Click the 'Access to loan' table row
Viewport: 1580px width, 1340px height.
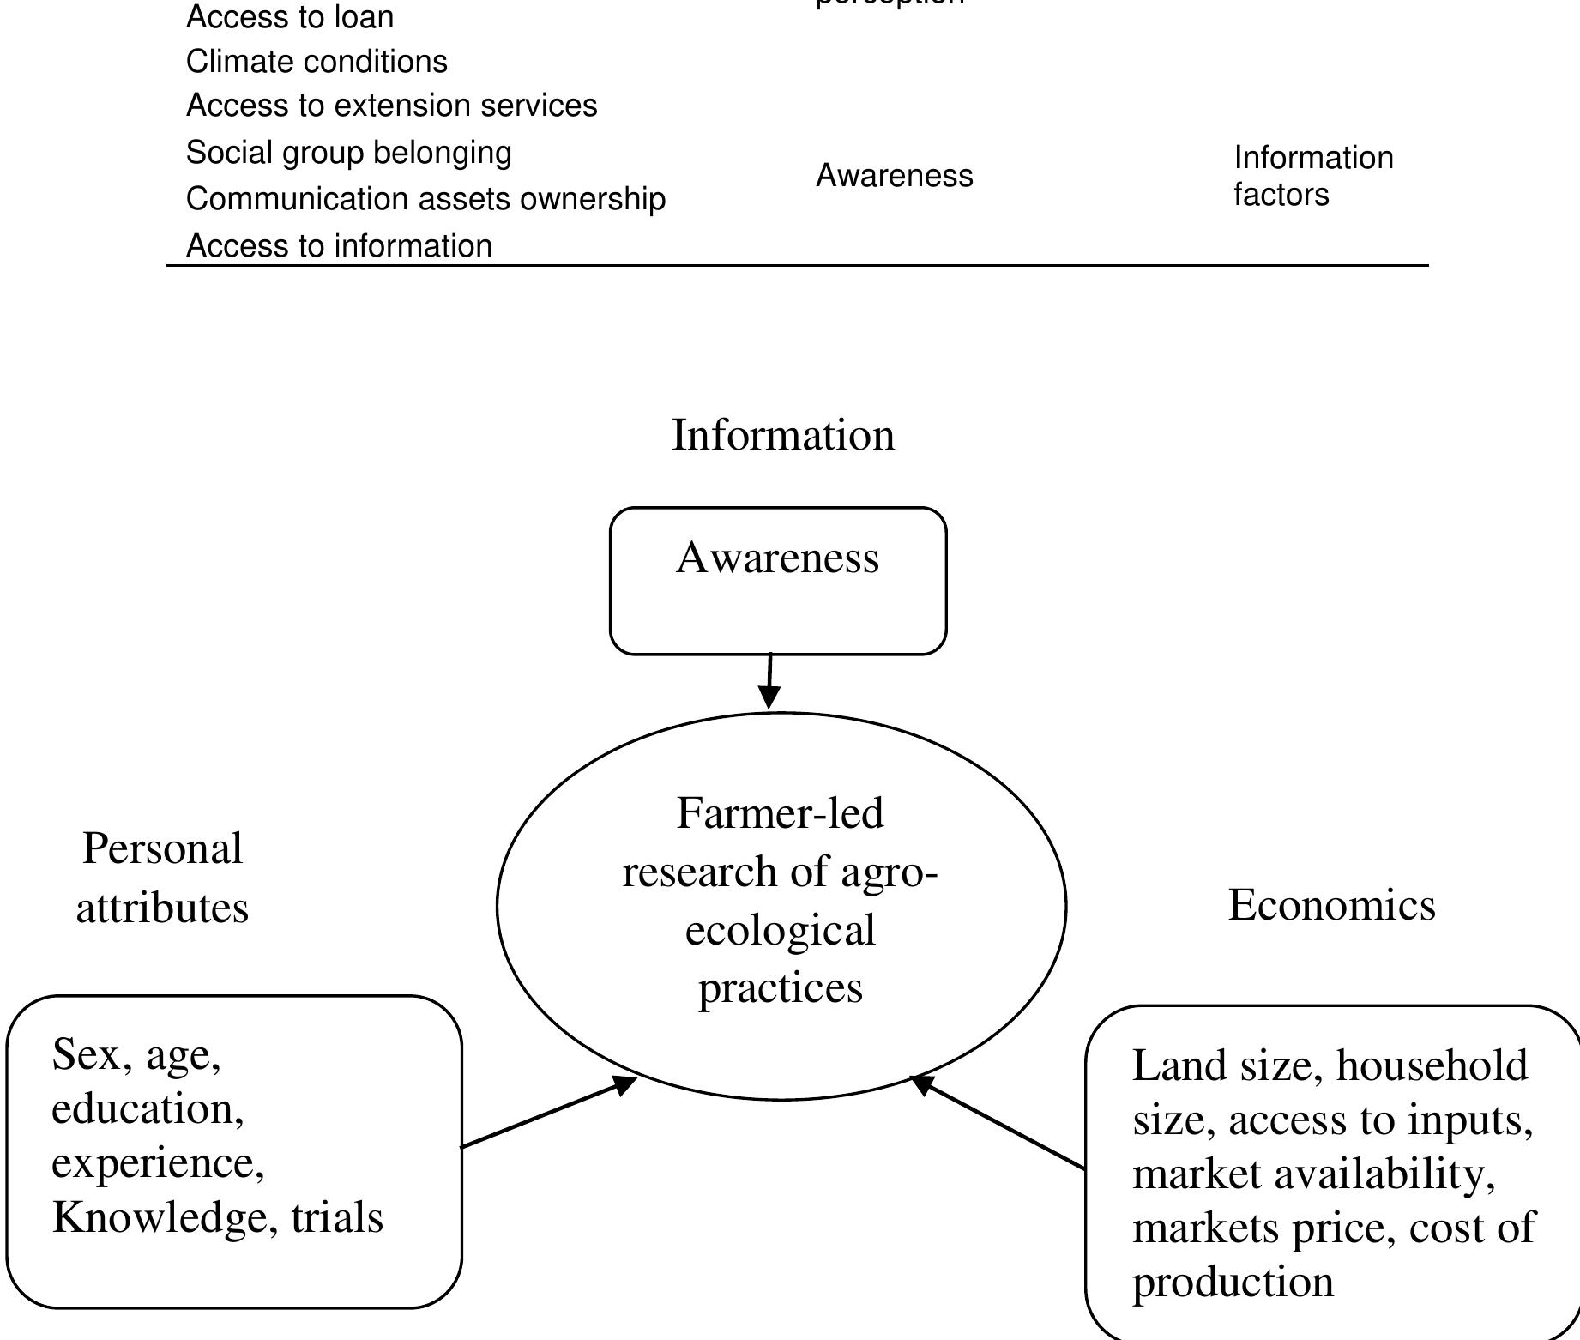point(290,17)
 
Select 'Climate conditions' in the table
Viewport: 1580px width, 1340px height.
point(317,62)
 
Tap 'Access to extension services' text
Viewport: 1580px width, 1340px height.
point(391,106)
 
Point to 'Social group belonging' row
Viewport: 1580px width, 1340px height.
point(348,153)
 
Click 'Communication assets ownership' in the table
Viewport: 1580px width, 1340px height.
point(425,199)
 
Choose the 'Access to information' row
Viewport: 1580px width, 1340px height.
point(339,246)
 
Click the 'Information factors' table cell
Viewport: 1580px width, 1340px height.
point(1312,176)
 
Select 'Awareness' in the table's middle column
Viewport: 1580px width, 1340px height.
point(894,176)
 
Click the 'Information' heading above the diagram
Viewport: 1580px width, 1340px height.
point(782,435)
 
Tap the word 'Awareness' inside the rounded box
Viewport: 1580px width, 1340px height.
point(777,558)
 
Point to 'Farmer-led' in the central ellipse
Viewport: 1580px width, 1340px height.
point(780,813)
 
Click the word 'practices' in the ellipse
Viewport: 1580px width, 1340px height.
point(780,987)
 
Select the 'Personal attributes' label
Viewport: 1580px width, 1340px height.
point(162,878)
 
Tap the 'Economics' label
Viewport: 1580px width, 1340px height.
point(1331,905)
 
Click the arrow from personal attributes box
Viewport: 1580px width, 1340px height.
point(549,1114)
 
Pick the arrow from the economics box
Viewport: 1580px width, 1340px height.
point(998,1122)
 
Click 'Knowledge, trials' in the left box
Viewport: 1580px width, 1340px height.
point(218,1217)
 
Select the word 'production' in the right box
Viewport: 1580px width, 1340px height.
point(1233,1283)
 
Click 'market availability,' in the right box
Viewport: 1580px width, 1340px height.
point(1313,1174)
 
